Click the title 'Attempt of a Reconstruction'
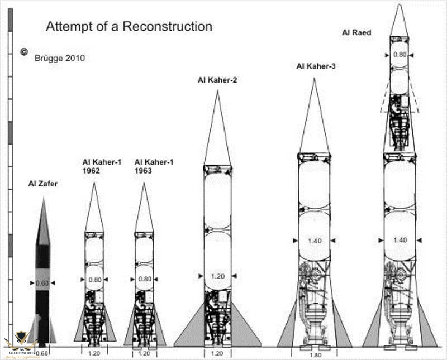pyautogui.click(x=129, y=26)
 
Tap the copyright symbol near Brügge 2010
pyautogui.click(x=24, y=52)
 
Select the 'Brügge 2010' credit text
pyautogui.click(x=59, y=57)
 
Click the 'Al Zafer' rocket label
pyautogui.click(x=42, y=183)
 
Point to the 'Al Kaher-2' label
pyautogui.click(x=217, y=80)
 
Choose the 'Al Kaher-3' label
pyautogui.click(x=315, y=66)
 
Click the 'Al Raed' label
pyautogui.click(x=356, y=33)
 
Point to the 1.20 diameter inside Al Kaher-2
pyautogui.click(x=217, y=276)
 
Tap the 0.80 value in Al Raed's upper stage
pyautogui.click(x=400, y=55)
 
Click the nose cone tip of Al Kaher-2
pyautogui.click(x=217, y=92)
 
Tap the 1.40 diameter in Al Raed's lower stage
pyautogui.click(x=400, y=240)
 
